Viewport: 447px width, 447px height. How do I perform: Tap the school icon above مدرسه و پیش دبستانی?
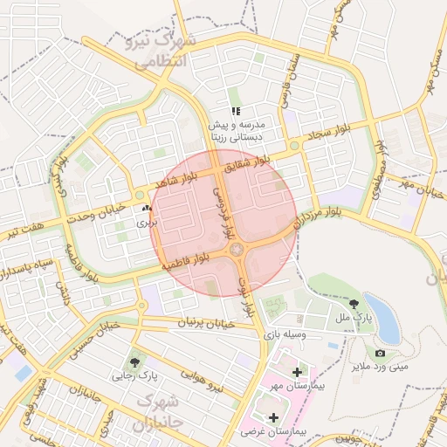[236, 111]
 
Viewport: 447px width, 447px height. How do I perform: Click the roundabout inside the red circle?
[237, 251]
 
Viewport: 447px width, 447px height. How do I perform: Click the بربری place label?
[145, 223]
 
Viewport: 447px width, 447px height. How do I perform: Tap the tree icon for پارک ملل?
[354, 305]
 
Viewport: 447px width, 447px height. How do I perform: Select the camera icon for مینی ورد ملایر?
[380, 353]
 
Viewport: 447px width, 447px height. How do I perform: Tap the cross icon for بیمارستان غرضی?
[274, 417]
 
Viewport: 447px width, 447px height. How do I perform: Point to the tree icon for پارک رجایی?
[134, 362]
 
